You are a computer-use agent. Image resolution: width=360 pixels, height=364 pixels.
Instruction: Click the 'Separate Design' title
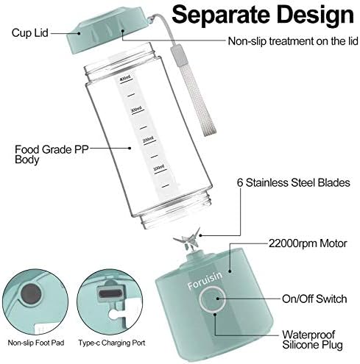pyautogui.click(x=263, y=15)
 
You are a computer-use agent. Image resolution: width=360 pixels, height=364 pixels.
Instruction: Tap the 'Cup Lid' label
pyautogui.click(x=30, y=33)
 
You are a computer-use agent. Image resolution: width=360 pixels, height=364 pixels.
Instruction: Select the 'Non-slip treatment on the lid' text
pyautogui.click(x=293, y=41)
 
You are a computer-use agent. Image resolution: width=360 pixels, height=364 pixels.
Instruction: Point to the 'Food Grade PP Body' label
pyautogui.click(x=52, y=154)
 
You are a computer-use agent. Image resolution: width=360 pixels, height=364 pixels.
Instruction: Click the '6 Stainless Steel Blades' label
pyautogui.click(x=294, y=182)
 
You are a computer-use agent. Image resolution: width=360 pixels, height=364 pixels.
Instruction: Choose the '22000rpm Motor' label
pyautogui.click(x=308, y=243)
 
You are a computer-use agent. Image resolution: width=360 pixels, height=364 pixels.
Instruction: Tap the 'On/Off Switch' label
pyautogui.click(x=314, y=299)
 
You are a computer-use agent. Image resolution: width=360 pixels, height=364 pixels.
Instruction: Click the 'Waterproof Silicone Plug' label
pyautogui.click(x=312, y=340)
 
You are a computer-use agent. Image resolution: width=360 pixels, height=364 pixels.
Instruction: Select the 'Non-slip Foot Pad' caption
pyautogui.click(x=36, y=343)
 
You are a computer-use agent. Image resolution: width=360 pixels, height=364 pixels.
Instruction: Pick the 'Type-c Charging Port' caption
pyautogui.click(x=112, y=343)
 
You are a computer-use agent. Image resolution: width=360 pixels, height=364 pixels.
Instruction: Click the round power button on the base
pyautogui.click(x=213, y=299)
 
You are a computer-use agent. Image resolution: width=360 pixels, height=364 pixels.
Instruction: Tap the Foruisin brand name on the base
pyautogui.click(x=205, y=281)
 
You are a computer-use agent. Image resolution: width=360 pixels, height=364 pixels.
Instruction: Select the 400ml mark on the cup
pyautogui.click(x=125, y=79)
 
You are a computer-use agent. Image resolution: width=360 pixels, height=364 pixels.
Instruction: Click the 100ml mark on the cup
pyautogui.click(x=159, y=169)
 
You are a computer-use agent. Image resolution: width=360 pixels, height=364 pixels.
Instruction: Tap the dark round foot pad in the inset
pyautogui.click(x=31, y=294)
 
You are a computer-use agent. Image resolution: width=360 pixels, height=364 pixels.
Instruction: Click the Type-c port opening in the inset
pyautogui.click(x=110, y=293)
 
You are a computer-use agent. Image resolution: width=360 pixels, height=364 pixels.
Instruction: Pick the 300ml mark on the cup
pyautogui.click(x=137, y=110)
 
